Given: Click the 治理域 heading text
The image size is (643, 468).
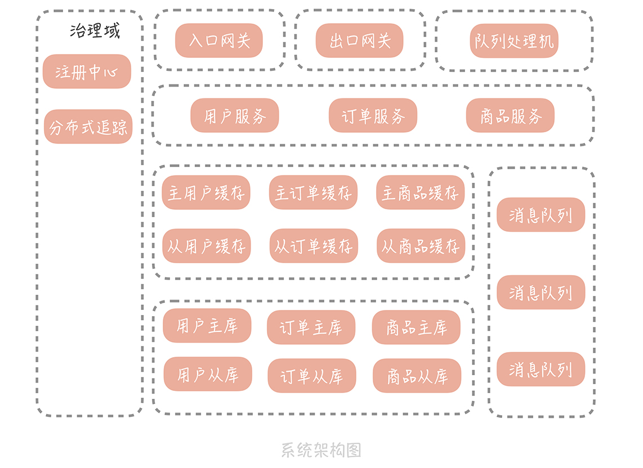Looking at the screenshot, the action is point(95,31).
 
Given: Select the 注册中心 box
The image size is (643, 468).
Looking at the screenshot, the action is point(87,71).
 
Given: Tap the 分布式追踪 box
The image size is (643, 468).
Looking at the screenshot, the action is point(88,127).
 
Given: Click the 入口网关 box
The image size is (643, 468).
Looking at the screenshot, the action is point(219,40).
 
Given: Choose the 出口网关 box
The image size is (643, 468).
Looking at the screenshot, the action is point(360,40).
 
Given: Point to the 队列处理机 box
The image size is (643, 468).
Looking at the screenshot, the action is point(514,40).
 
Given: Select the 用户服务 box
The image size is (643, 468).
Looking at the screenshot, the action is point(235,115).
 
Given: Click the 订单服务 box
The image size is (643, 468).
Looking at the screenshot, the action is point(373,115).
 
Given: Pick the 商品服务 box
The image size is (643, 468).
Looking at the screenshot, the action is point(511,115).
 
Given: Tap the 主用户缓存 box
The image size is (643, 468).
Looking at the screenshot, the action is point(206,192).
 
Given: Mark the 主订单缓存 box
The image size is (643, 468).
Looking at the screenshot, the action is point(313,192).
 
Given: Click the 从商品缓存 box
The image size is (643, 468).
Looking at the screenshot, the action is point(421,246).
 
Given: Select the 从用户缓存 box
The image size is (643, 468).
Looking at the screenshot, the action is point(207,246).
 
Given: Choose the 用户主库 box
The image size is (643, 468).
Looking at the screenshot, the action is point(207,326).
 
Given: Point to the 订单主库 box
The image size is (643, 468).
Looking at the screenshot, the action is point(311,327).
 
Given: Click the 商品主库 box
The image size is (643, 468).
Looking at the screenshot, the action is point(416,327).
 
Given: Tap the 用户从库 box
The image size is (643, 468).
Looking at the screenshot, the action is point(208,374).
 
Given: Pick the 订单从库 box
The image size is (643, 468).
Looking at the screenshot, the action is point(312,376).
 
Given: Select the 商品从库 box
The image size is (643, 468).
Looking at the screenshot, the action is point(417,376).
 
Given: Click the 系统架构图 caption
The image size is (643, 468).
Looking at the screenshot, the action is point(321,450).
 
